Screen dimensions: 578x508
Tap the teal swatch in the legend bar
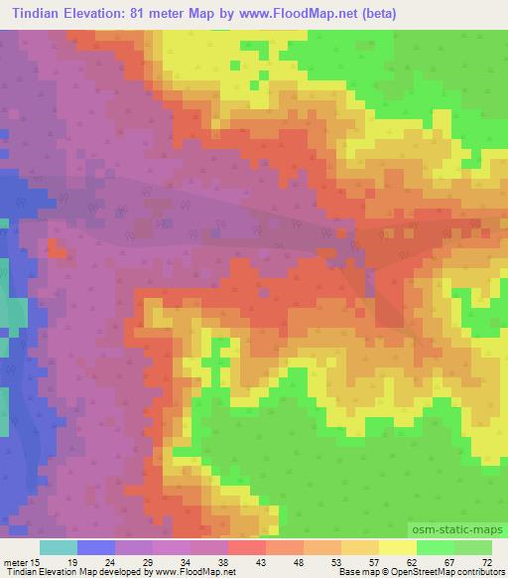click(x=59, y=547)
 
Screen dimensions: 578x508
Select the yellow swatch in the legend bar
click(x=397, y=547)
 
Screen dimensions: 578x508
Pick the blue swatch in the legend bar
click(x=96, y=547)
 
